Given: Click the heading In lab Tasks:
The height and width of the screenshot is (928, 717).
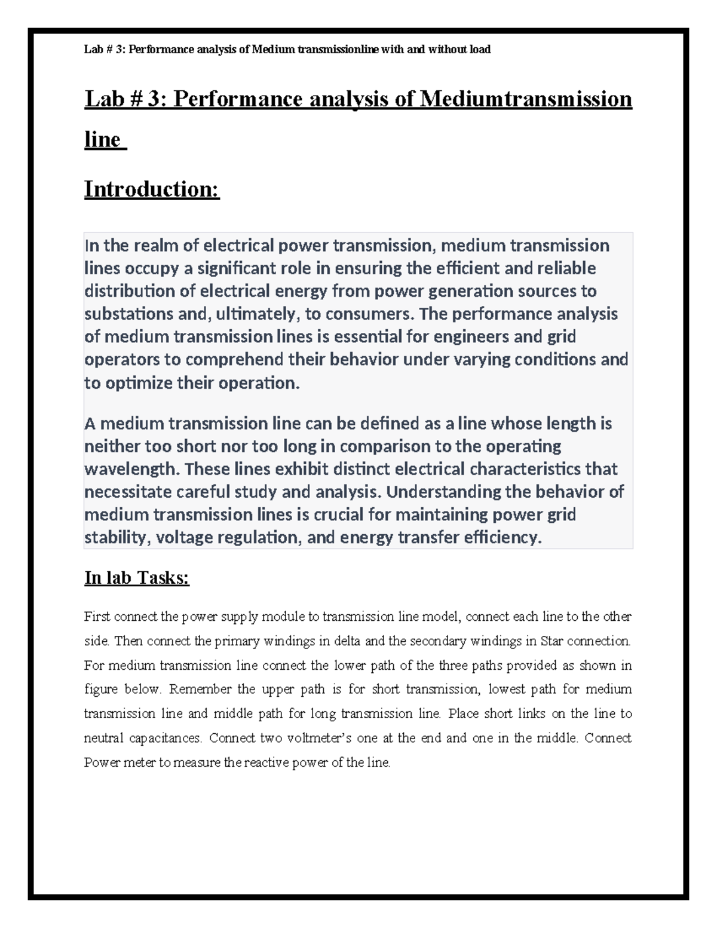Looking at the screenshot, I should pos(136,578).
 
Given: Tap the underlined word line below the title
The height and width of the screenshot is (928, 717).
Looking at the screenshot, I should pos(103,139).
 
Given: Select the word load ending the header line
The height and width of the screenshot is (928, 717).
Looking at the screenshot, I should pos(480,50).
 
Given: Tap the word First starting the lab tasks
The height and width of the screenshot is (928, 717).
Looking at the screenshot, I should pos(97,617).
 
